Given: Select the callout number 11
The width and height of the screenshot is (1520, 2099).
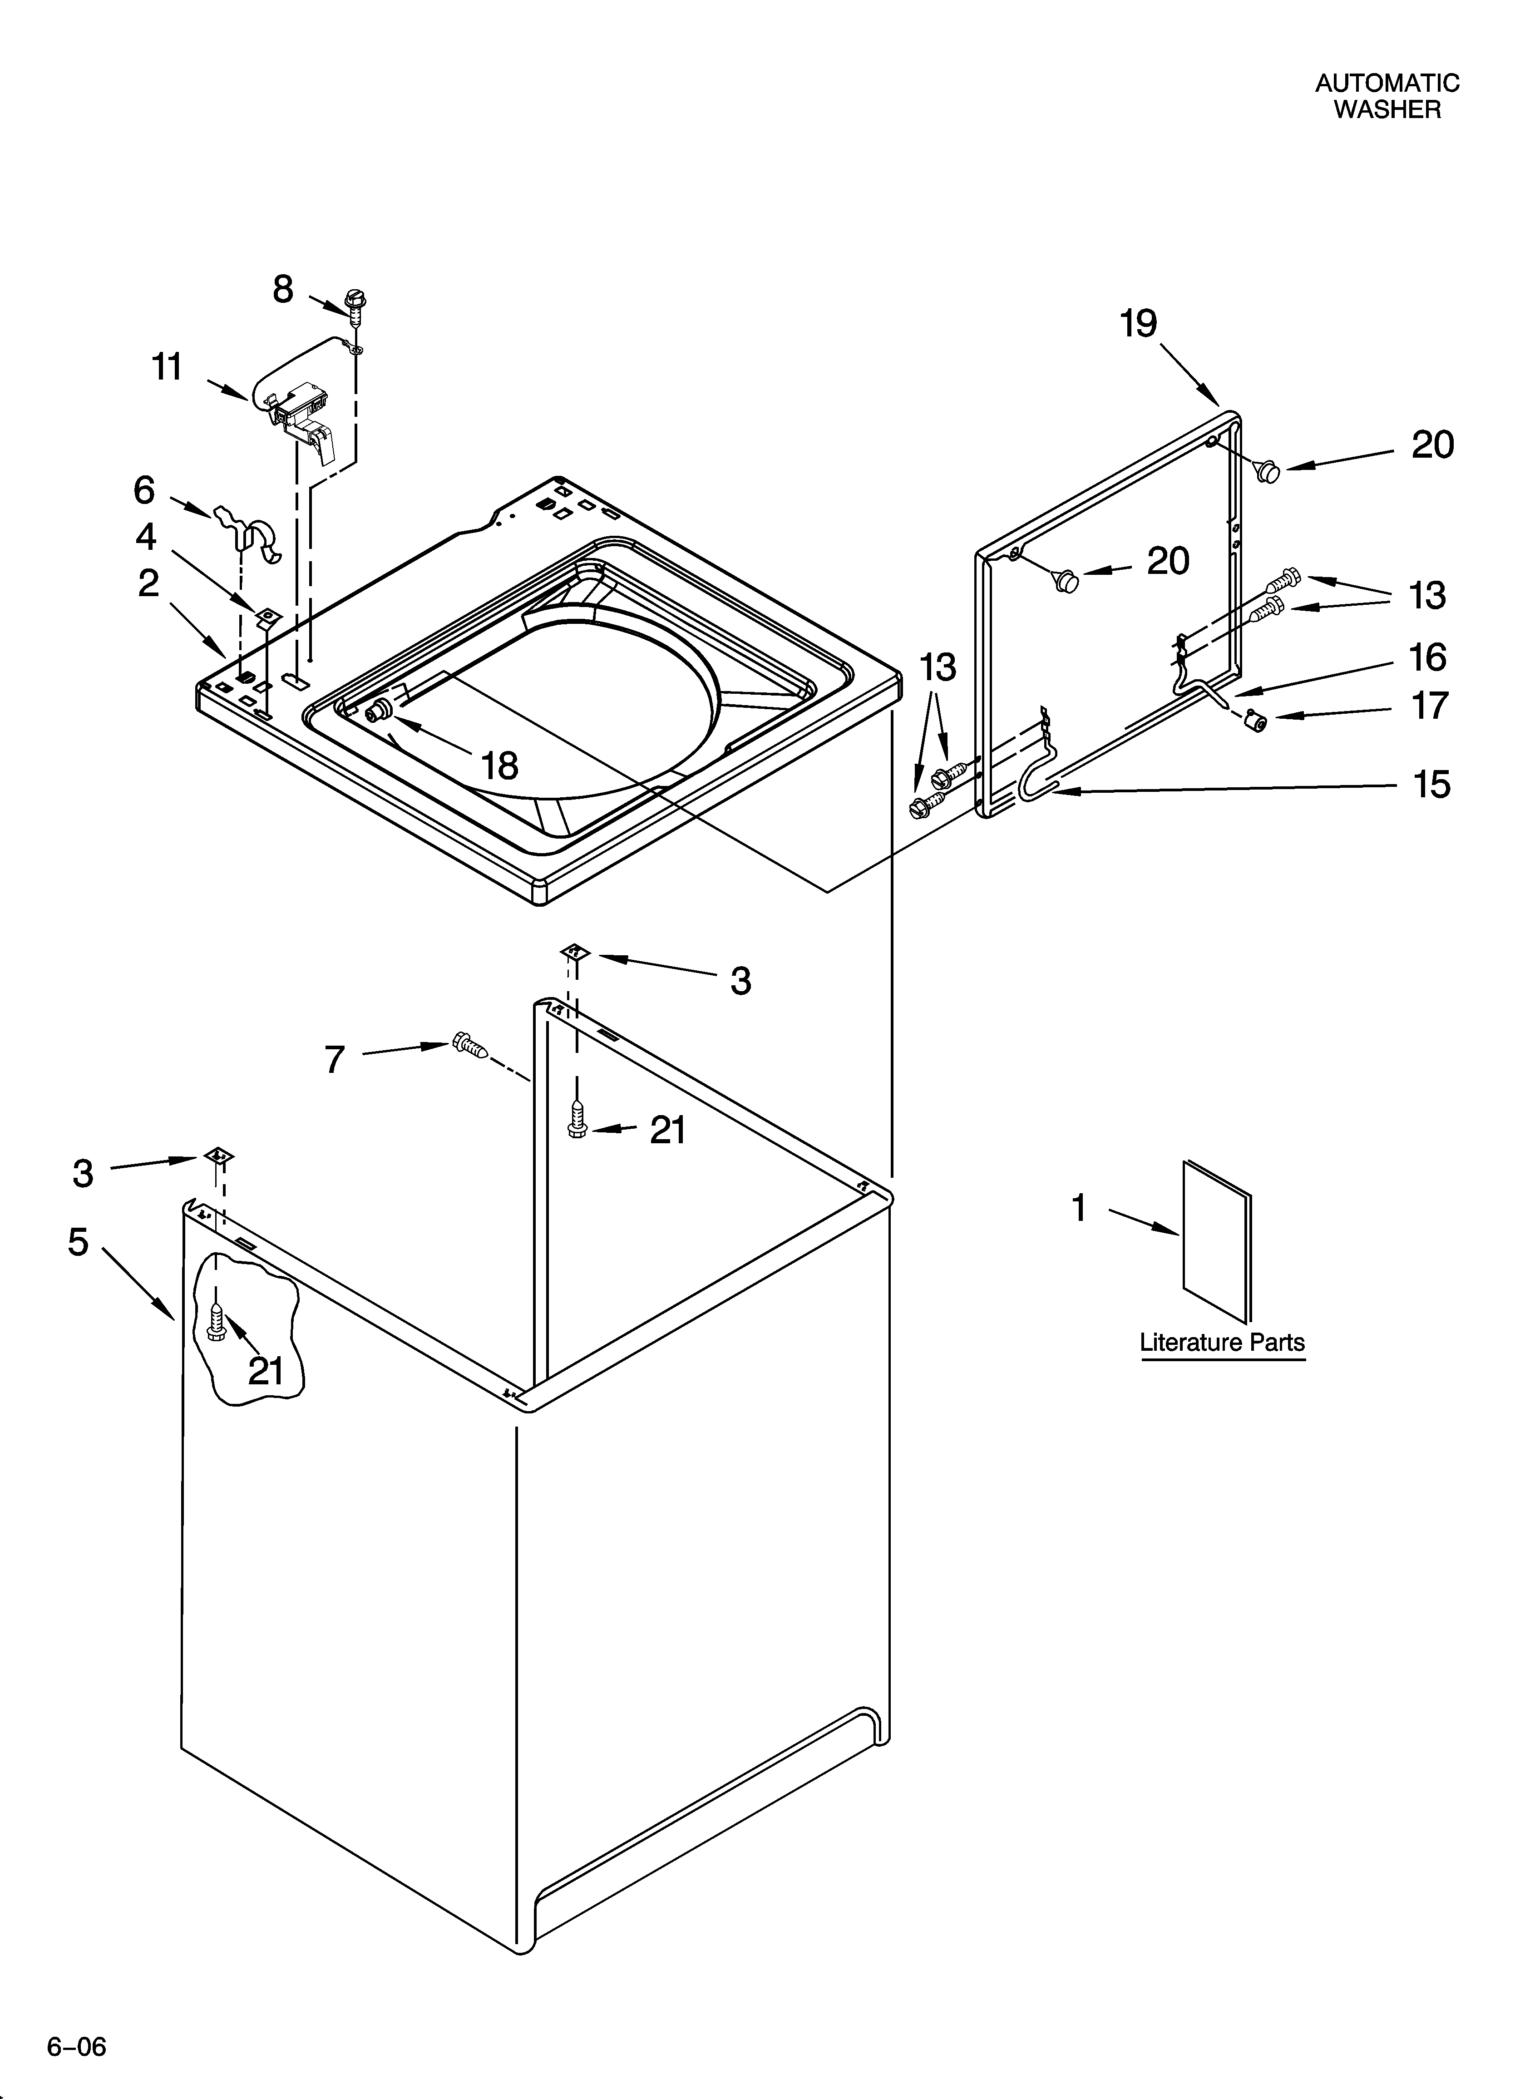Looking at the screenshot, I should (x=168, y=367).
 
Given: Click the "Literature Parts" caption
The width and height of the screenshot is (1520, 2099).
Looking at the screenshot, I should (x=1222, y=1342).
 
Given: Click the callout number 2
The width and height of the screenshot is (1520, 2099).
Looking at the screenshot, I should (x=148, y=583).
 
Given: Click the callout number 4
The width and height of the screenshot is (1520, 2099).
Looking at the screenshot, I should (x=146, y=537).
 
